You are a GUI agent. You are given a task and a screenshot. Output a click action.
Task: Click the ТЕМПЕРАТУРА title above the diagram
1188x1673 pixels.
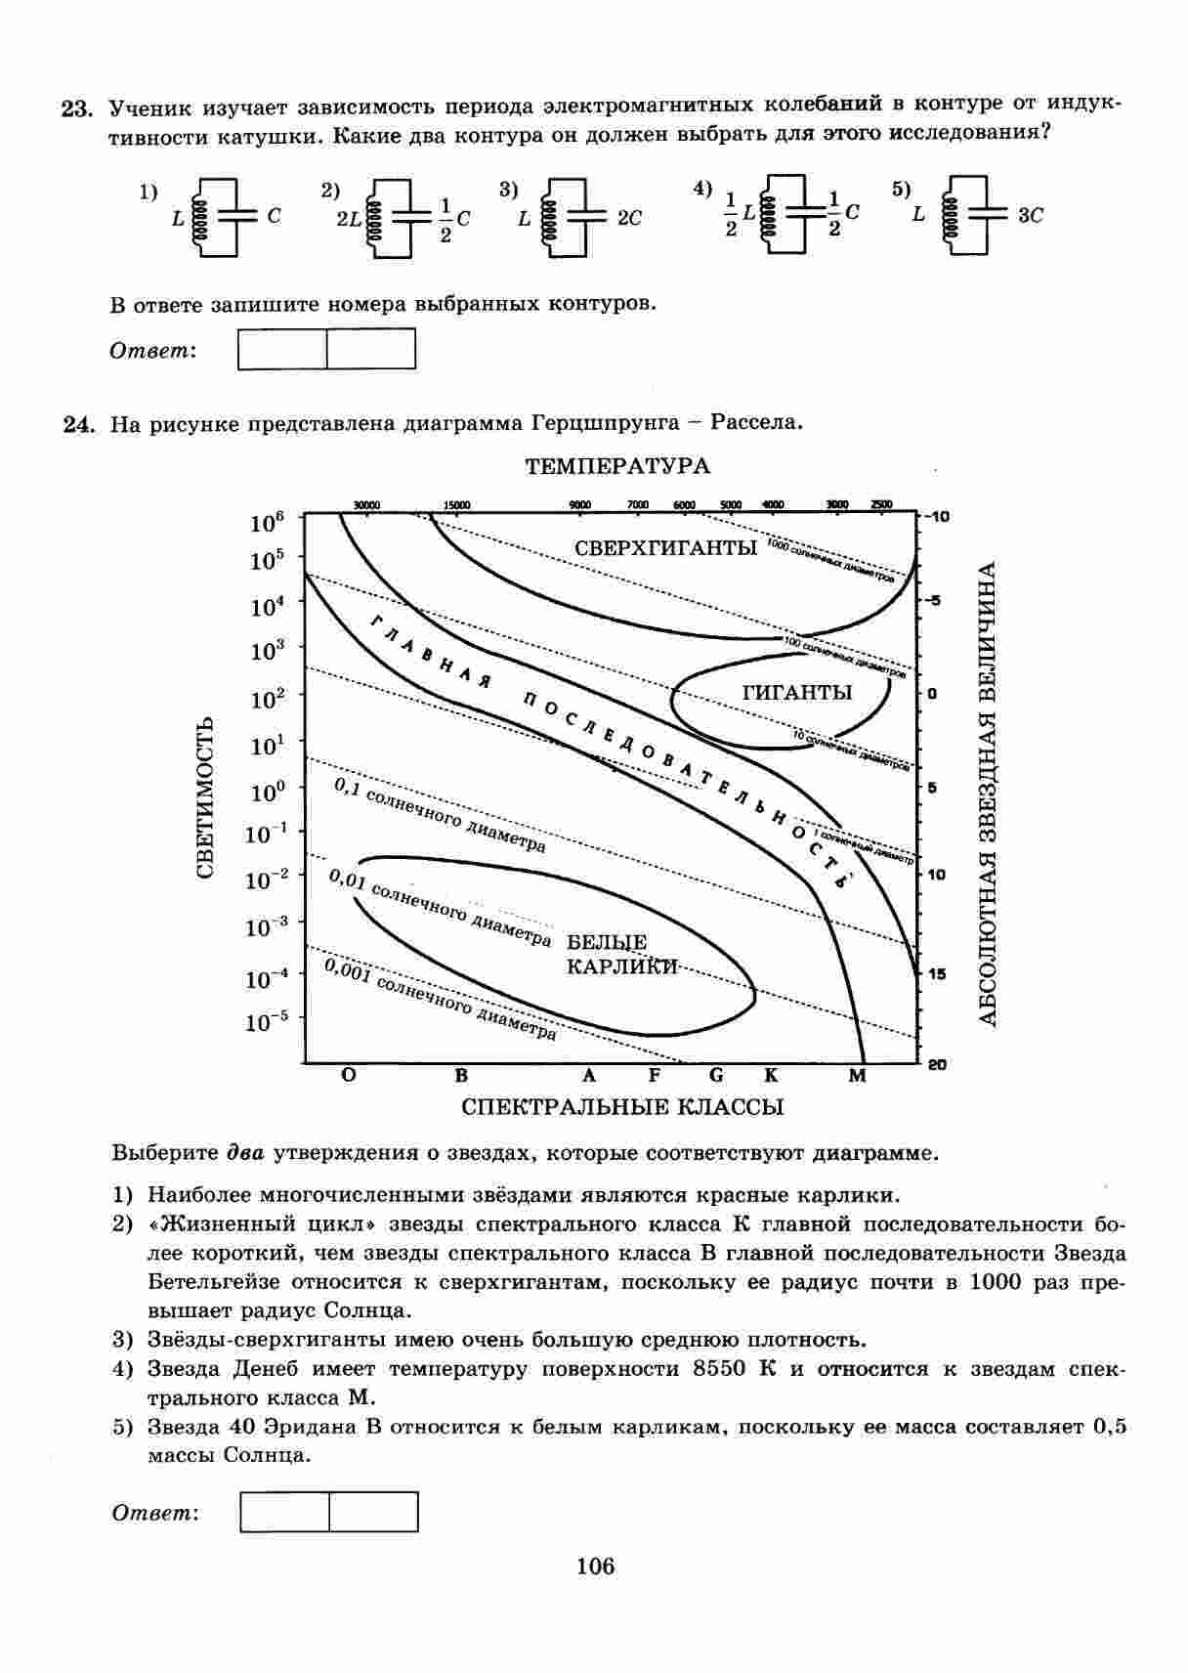617,466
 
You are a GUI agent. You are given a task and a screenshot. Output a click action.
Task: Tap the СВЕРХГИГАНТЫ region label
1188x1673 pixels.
665,548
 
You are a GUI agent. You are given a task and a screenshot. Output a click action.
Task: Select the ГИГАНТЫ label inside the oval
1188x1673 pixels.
797,693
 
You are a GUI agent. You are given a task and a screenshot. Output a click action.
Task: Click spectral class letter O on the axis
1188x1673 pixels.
349,1076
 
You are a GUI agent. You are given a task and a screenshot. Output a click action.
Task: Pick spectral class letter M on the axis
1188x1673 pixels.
857,1076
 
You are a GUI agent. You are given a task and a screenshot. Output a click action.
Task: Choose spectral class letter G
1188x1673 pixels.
716,1076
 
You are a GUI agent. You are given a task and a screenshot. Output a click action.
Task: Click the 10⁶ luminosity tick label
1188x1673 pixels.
266,523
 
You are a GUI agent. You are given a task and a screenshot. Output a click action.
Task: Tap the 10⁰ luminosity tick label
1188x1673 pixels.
266,791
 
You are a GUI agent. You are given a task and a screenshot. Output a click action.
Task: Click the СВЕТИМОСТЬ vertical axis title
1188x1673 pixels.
206,797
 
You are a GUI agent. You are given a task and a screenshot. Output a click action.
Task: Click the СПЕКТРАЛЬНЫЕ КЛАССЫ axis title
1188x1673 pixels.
622,1107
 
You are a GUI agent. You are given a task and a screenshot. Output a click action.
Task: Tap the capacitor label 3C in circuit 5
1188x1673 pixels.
1030,216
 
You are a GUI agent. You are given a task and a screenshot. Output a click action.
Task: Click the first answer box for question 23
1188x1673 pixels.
282,349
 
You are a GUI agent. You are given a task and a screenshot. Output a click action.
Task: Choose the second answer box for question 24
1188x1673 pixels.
373,1512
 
